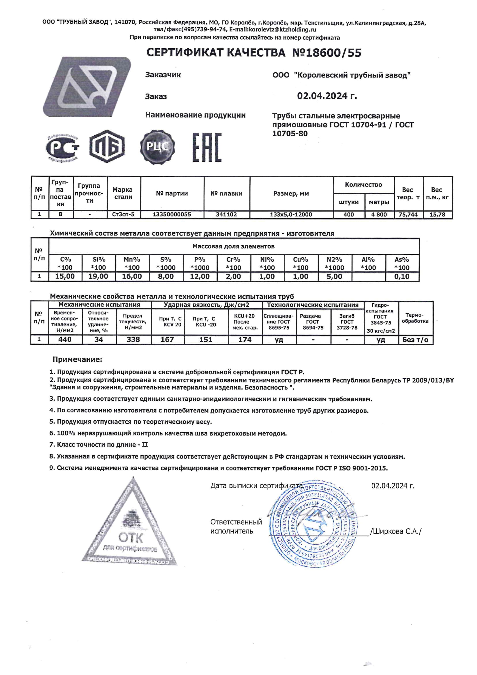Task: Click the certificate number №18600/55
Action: [x=327, y=53]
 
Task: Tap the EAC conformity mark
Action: [x=207, y=147]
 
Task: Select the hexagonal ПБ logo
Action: [x=107, y=146]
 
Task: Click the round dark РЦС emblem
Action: [x=157, y=146]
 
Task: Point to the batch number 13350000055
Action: [x=172, y=215]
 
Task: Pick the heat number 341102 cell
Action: [x=226, y=215]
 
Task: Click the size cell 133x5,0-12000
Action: [x=291, y=215]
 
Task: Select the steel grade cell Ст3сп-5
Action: [x=123, y=215]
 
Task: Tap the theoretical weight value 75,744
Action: [x=408, y=215]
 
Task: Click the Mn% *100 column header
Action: [x=132, y=263]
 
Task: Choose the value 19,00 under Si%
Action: [x=98, y=277]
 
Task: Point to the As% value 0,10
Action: [x=402, y=277]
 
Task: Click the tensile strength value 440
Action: [x=65, y=340]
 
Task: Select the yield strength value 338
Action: [x=133, y=340]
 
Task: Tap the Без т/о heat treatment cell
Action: [x=415, y=340]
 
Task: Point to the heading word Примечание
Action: [x=77, y=359]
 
